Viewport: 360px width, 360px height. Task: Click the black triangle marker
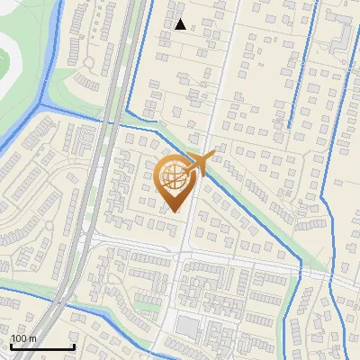click(x=181, y=24)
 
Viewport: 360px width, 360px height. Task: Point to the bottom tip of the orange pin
click(x=174, y=211)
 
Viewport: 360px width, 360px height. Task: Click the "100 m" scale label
click(x=23, y=338)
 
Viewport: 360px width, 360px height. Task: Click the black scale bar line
click(x=41, y=346)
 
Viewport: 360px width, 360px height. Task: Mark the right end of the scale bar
click(x=74, y=346)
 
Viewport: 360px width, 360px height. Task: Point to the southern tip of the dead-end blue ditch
click(x=290, y=125)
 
